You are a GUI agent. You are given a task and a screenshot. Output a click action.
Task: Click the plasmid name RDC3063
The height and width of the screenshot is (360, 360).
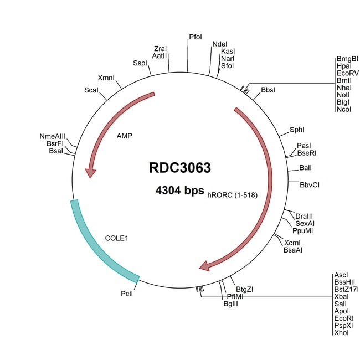(179, 168)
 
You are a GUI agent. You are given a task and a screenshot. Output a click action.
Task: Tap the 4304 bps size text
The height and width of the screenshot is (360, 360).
(179, 190)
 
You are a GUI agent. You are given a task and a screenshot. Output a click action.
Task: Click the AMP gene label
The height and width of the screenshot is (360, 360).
(125, 135)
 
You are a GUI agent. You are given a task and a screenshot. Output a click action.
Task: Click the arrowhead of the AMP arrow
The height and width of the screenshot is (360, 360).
(90, 172)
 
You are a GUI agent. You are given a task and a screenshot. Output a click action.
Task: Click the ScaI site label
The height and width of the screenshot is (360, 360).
(91, 90)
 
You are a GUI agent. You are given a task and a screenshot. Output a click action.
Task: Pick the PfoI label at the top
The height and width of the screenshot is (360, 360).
(196, 37)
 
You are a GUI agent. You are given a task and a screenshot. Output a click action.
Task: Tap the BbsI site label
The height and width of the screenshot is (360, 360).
(269, 89)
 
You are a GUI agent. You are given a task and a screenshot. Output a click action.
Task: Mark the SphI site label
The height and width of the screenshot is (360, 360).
(297, 131)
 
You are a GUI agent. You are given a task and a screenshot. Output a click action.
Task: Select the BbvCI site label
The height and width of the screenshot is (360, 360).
(309, 184)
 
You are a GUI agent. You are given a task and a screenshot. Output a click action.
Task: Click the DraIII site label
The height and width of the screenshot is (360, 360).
(304, 216)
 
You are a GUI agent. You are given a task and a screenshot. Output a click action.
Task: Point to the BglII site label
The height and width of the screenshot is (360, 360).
(230, 304)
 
